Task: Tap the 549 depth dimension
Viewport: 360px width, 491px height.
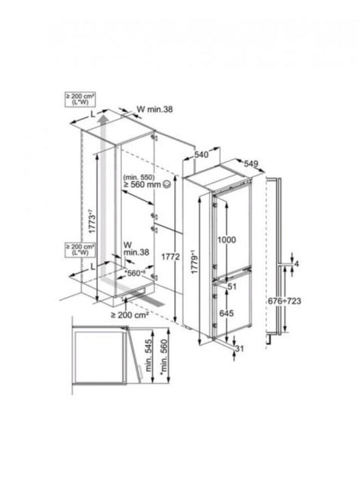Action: click(x=251, y=164)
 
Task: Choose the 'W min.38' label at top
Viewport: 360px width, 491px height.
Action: click(x=154, y=109)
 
